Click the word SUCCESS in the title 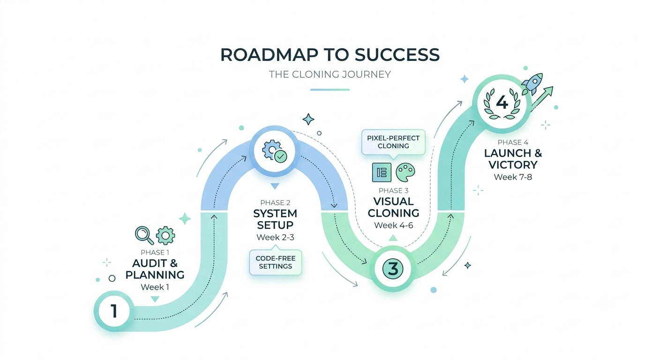[397, 54]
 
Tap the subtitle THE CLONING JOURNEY [330, 74]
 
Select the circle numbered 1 [114, 311]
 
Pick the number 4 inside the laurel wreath [502, 102]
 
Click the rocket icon [532, 83]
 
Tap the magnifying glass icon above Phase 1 [144, 235]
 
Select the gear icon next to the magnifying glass [165, 235]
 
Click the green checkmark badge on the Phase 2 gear [280, 156]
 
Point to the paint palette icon [405, 172]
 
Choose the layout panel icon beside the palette [382, 172]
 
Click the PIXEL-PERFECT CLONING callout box [393, 142]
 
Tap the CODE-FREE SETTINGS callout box [276, 262]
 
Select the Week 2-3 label [275, 238]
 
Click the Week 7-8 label [513, 177]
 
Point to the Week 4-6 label [394, 225]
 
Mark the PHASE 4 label [513, 142]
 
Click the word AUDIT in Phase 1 [150, 263]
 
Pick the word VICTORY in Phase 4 [513, 165]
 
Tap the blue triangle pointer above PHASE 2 [275, 186]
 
